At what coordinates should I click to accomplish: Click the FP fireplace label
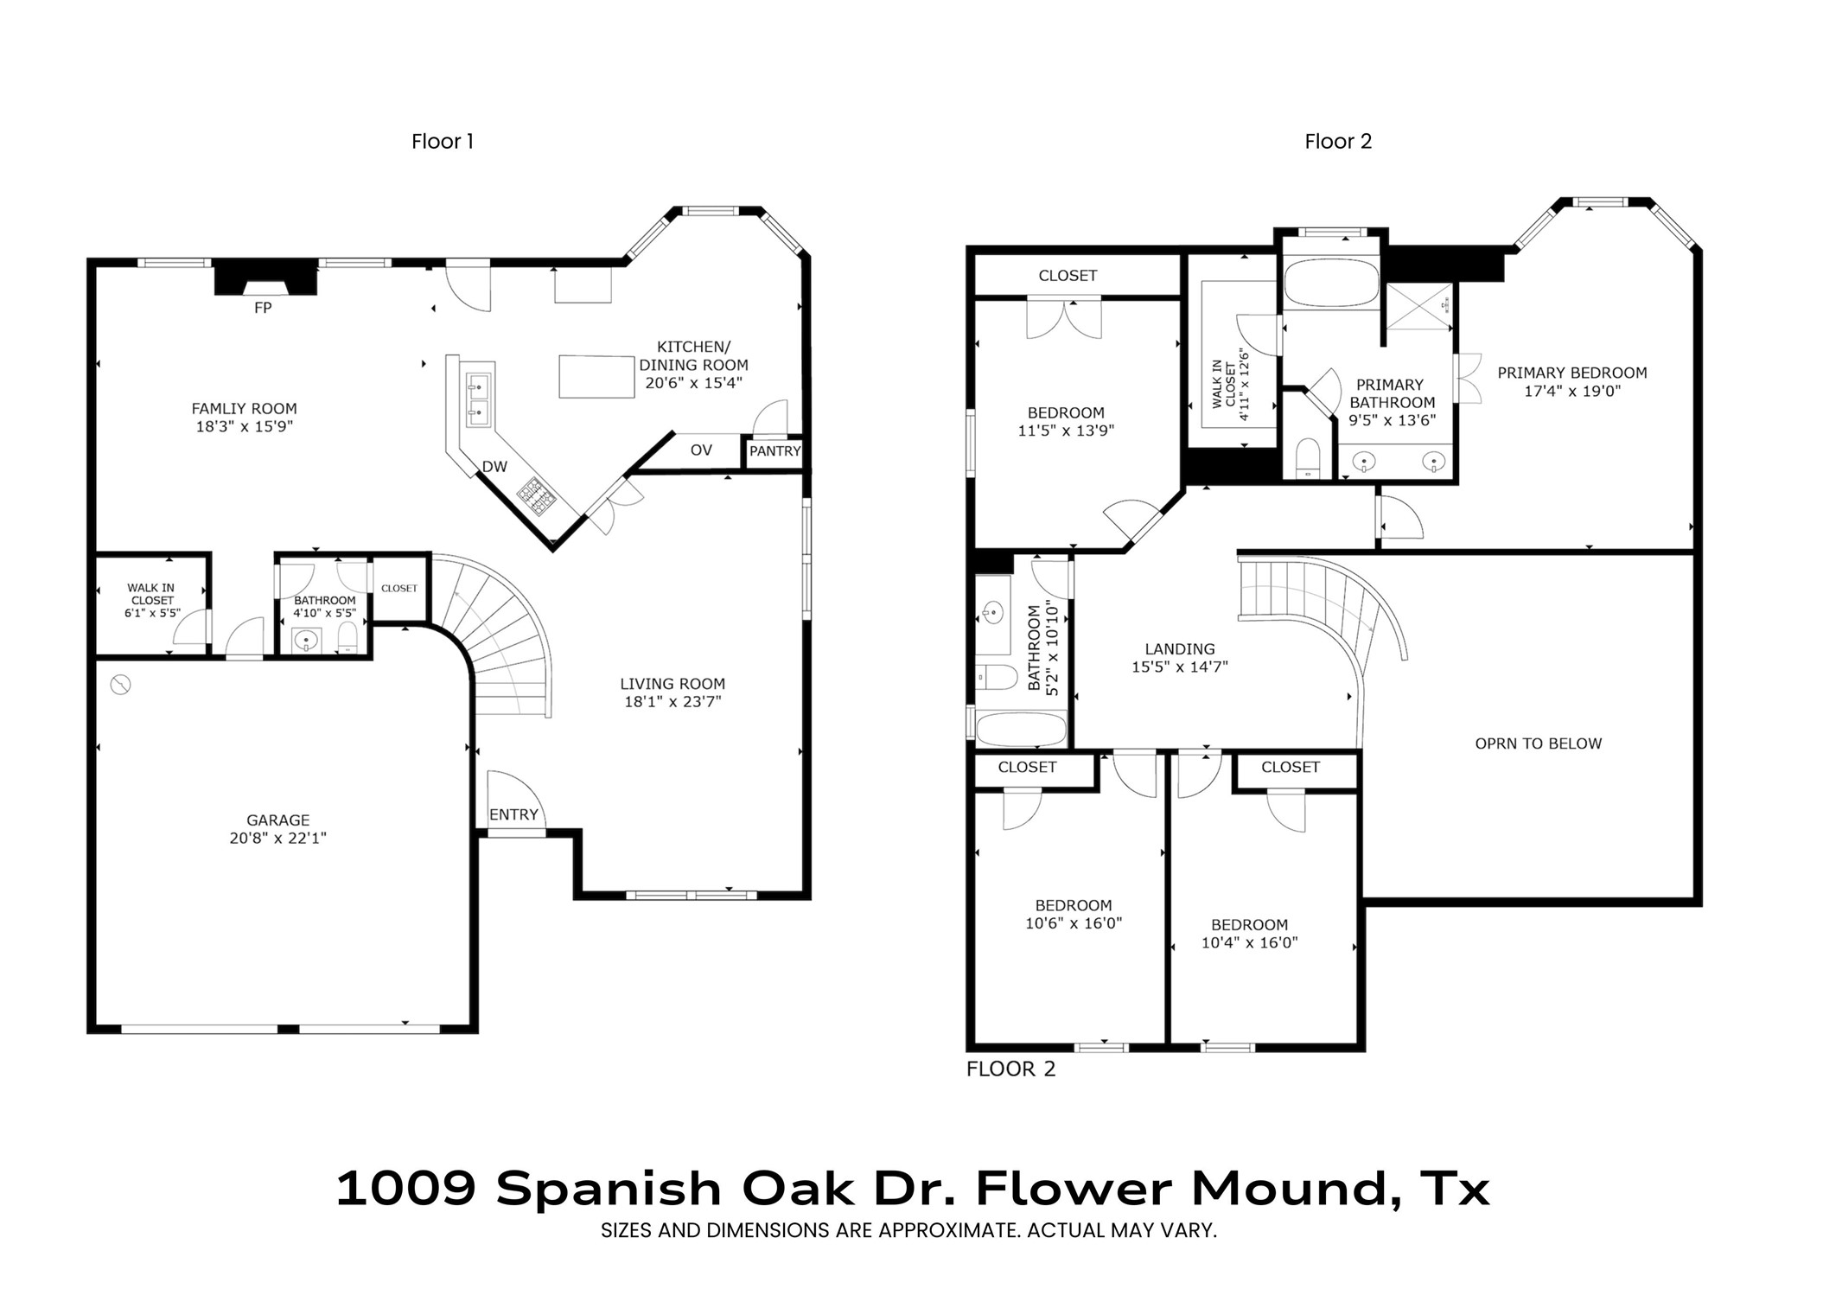(263, 308)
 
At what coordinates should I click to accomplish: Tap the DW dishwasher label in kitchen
(494, 467)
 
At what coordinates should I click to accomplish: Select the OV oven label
(701, 450)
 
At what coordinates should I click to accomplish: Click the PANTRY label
(774, 451)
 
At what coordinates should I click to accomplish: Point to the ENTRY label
(513, 814)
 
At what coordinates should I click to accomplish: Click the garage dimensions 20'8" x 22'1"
(277, 838)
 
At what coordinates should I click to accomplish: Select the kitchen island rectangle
(597, 376)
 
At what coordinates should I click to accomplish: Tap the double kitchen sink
(478, 399)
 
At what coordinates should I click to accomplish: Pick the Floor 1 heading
(443, 142)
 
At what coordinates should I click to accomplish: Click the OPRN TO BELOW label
(1538, 743)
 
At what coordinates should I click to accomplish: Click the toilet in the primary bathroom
(1309, 458)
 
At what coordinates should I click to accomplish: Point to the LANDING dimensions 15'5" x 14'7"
(1179, 667)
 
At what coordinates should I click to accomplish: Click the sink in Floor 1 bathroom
(307, 641)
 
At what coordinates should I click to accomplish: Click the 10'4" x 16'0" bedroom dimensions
(1249, 943)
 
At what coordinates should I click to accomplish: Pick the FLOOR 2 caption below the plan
(1010, 1069)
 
